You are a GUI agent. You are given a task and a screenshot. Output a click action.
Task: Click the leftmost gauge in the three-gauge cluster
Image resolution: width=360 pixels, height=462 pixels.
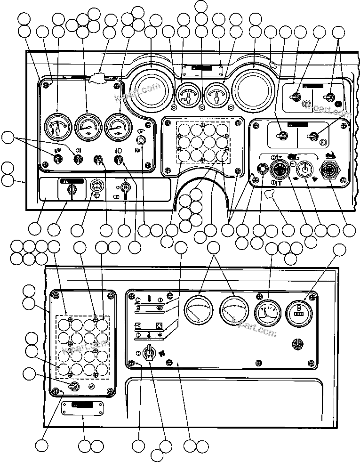pyautogui.click(x=57, y=128)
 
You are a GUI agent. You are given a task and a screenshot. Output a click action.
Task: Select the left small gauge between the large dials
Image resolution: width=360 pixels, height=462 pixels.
pyautogui.click(x=188, y=96)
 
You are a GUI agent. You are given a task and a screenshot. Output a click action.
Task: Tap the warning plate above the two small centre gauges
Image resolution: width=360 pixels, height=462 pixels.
pyautogui.click(x=202, y=69)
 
